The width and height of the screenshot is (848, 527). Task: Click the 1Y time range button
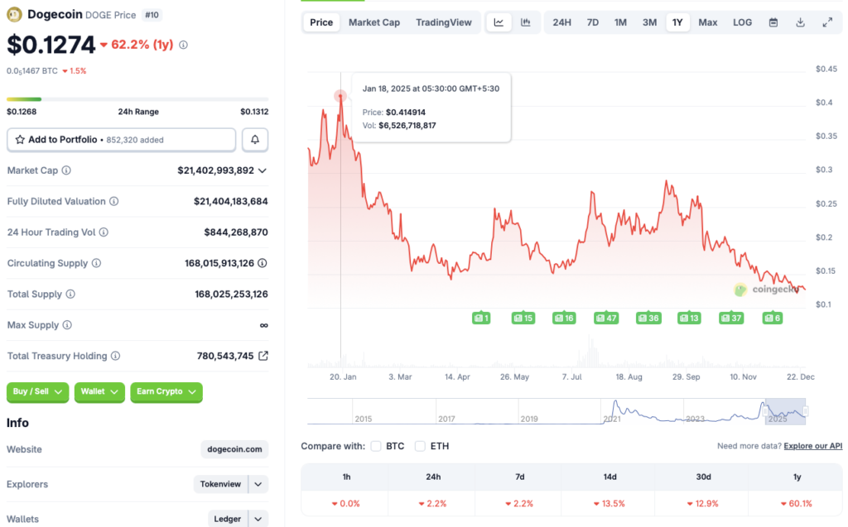(x=677, y=22)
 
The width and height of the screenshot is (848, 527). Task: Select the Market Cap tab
(x=373, y=22)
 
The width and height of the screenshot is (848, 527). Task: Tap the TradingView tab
(x=444, y=22)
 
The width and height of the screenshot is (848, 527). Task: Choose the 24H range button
(x=561, y=22)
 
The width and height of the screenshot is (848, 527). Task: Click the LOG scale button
(x=742, y=22)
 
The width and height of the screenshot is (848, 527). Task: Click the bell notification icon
(x=255, y=140)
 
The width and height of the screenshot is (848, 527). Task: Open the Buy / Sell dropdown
(x=37, y=391)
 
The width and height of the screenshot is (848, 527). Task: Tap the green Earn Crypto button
(x=166, y=391)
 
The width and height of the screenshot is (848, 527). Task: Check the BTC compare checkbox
(x=376, y=446)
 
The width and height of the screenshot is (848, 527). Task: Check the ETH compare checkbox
(x=420, y=446)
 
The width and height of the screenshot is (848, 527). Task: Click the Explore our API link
(x=812, y=446)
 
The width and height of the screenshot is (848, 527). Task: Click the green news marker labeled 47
(x=606, y=318)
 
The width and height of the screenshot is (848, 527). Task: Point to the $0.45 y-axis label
(x=826, y=69)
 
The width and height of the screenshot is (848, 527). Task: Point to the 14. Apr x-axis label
(x=457, y=376)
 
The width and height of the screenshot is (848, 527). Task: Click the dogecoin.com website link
(x=234, y=449)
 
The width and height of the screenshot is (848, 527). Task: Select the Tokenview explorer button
(x=220, y=484)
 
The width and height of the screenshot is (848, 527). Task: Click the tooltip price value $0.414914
(x=407, y=112)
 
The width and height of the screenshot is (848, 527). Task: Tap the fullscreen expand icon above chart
(x=827, y=22)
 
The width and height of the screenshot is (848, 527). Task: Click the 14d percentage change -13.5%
(x=608, y=503)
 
